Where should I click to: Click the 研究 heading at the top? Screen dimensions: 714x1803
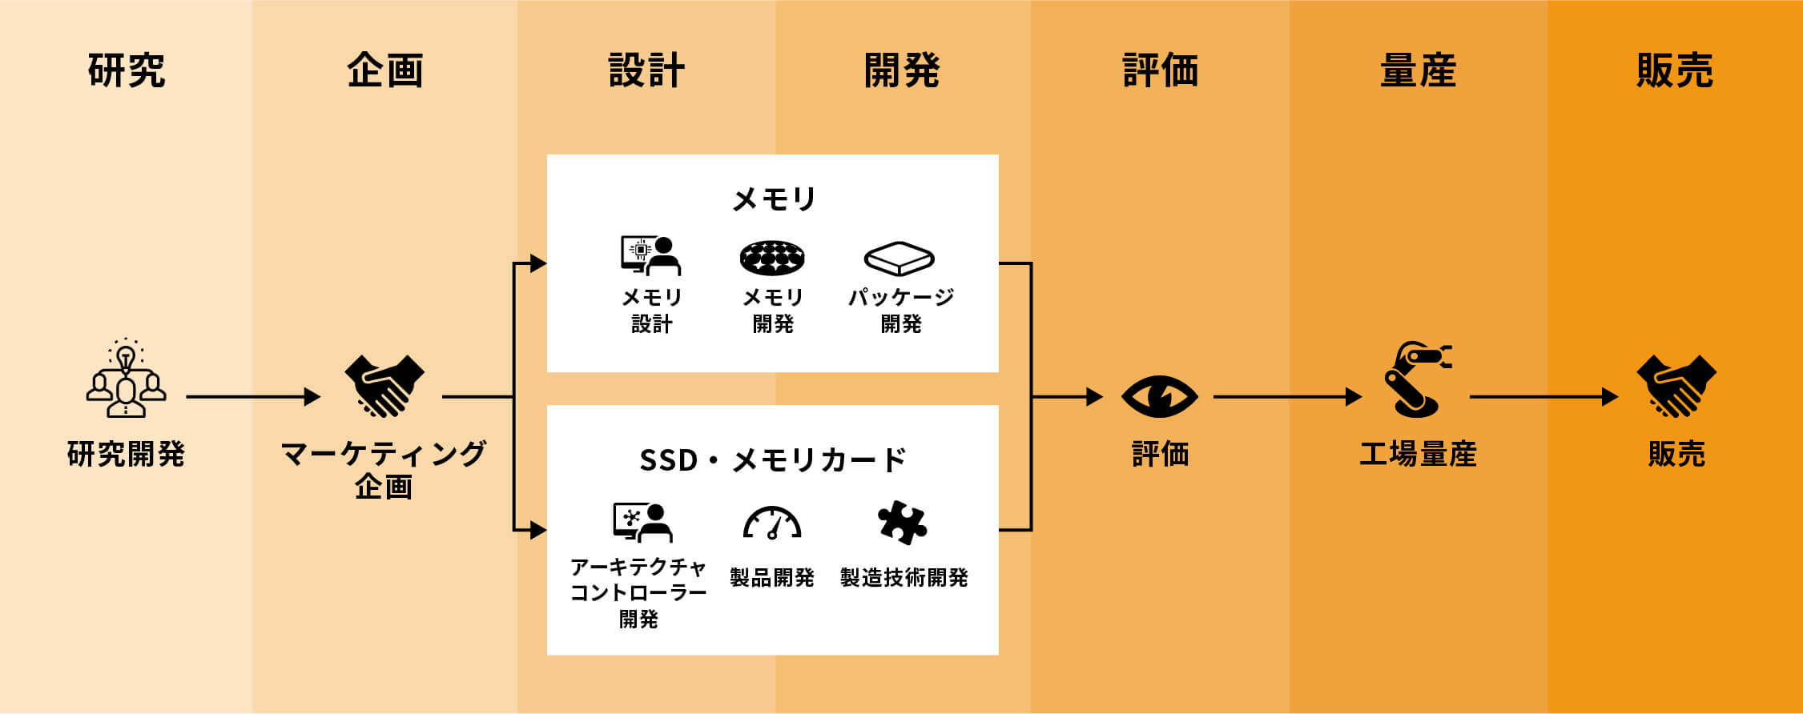tap(127, 70)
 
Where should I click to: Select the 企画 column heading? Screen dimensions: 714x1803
tap(385, 70)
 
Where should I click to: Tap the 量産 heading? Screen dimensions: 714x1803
tap(1418, 70)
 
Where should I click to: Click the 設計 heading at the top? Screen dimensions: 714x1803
tap(646, 70)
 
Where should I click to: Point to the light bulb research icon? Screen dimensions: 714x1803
tap(126, 379)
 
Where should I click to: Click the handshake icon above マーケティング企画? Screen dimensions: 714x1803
tap(384, 386)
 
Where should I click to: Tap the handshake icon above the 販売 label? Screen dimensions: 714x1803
tap(1676, 386)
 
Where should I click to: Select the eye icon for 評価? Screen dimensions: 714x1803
tap(1159, 396)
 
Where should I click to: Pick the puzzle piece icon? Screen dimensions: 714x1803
tap(902, 523)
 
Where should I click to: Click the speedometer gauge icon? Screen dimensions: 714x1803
tap(772, 523)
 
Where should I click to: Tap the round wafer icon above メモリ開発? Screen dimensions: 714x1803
tap(772, 258)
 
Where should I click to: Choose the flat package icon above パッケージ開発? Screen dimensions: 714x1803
tap(899, 259)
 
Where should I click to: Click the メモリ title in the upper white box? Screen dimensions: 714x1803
tap(774, 199)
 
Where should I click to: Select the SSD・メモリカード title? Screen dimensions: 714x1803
tap(773, 460)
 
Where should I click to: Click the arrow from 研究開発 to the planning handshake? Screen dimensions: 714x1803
tap(253, 396)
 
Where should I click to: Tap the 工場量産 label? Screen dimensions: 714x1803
tap(1418, 454)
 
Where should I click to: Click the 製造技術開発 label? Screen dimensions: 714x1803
tap(904, 577)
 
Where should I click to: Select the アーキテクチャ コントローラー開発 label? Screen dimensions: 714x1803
tap(638, 592)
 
